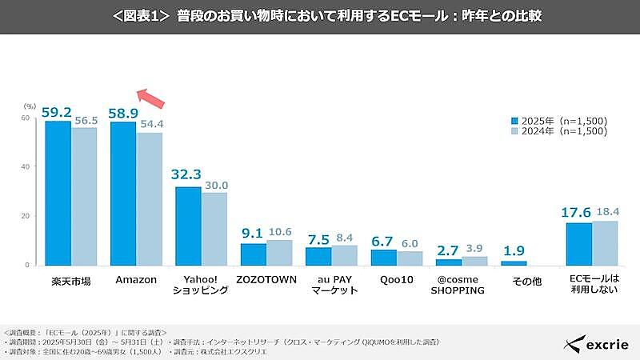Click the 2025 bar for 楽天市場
coord(58,193)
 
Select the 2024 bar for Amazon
coord(150,198)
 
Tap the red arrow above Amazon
coord(151,97)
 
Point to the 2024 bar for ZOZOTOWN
coord(280,252)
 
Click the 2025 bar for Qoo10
coord(384,257)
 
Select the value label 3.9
coord(475,249)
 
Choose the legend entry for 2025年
coord(559,121)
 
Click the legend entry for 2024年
coord(559,131)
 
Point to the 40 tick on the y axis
coord(26,167)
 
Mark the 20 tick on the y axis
coord(26,216)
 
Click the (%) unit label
coord(30,106)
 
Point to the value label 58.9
coord(125,110)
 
